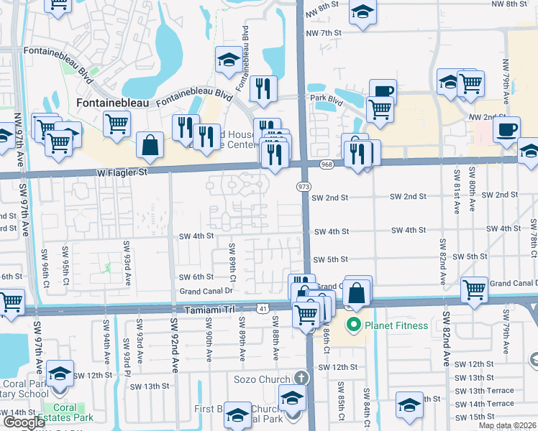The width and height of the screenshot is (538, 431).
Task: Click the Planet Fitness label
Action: click(x=396, y=325)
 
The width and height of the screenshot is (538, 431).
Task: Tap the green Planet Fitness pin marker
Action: click(x=353, y=325)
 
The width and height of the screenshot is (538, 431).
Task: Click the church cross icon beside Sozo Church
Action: click(x=302, y=358)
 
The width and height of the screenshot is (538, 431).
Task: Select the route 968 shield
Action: click(x=327, y=165)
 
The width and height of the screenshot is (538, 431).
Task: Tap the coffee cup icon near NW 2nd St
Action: click(x=507, y=129)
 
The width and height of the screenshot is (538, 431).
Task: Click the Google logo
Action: click(x=24, y=422)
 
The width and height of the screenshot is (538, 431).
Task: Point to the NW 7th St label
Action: click(x=322, y=33)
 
